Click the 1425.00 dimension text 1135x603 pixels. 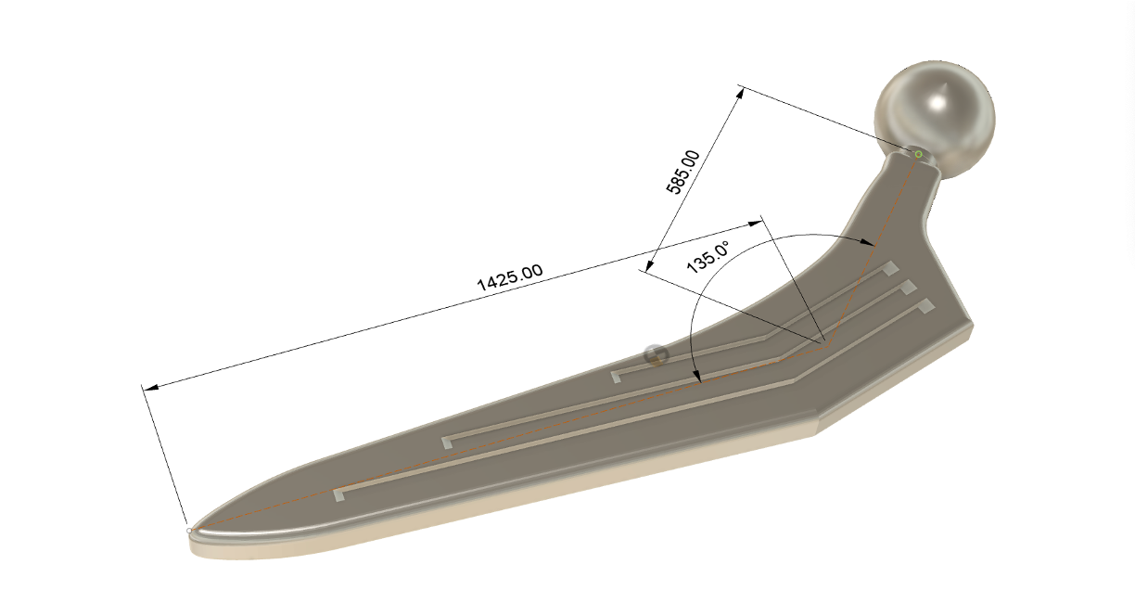pos(509,278)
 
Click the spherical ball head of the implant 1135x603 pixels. pos(935,115)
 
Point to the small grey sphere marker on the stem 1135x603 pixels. pos(655,354)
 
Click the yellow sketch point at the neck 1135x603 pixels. pos(918,154)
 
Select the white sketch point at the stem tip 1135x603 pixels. pos(189,531)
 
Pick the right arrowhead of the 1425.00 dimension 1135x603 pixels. pos(755,224)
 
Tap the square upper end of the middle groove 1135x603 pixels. pos(909,287)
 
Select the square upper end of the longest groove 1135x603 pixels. pos(925,304)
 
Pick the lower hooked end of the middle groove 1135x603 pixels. pos(449,442)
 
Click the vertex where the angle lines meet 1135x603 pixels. pos(823,343)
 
